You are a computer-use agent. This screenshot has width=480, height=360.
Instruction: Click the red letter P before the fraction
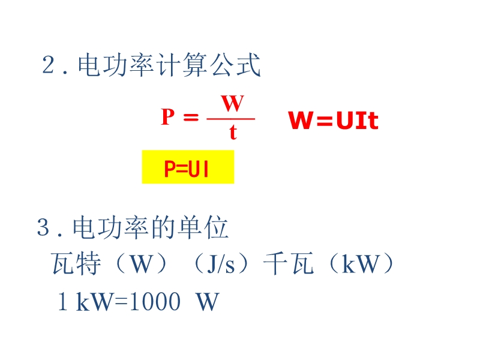tap(167, 117)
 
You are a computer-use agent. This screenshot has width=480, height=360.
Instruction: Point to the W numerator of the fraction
tap(232, 104)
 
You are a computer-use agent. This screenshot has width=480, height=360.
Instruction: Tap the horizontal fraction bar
tap(231, 118)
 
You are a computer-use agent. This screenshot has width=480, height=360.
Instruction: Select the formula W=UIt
tap(334, 121)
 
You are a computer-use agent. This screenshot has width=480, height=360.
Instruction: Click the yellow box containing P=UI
tap(187, 167)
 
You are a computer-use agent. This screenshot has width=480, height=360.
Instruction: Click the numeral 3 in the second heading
tap(43, 229)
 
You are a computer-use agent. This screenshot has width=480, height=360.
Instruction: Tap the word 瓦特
tap(77, 264)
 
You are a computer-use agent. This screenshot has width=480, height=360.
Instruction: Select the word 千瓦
tap(288, 264)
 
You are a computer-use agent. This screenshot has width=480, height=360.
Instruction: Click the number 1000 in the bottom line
tap(155, 302)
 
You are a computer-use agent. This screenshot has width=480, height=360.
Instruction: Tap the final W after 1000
tap(208, 302)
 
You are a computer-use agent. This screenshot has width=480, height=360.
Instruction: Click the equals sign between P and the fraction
tap(190, 118)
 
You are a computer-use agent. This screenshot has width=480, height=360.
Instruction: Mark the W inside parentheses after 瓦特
tap(140, 265)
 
